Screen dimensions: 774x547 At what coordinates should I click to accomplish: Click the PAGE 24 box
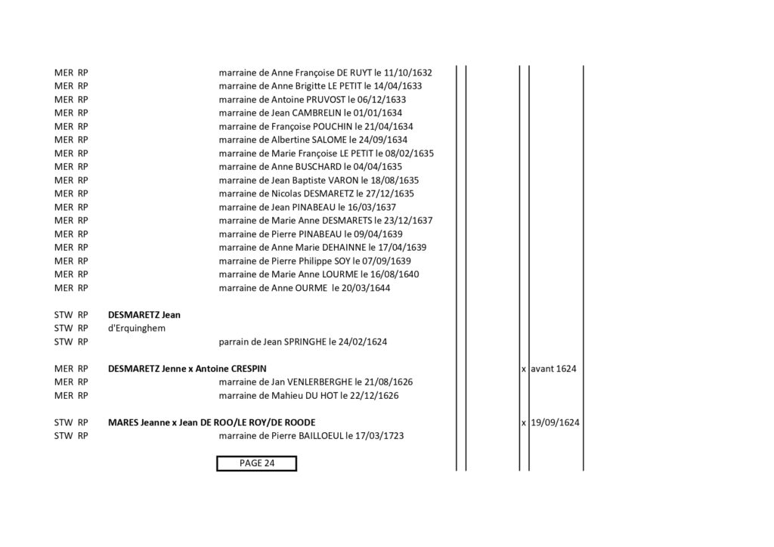(x=256, y=463)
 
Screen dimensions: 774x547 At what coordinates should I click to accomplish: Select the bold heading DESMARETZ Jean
(x=144, y=315)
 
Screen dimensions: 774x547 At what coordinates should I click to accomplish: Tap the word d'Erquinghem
(x=137, y=329)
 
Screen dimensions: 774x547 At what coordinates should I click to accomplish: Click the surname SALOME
(x=330, y=140)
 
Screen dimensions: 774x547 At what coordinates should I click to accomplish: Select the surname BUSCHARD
(x=318, y=167)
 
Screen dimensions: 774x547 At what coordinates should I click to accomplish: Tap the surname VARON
(x=343, y=180)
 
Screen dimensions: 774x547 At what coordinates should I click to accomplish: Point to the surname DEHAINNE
(x=344, y=247)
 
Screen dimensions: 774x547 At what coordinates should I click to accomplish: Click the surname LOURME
(x=339, y=274)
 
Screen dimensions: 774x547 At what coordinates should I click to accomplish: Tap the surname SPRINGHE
(x=305, y=341)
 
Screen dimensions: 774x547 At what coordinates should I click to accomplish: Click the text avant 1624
(x=553, y=369)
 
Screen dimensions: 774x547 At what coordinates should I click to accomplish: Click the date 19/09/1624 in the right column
(x=555, y=422)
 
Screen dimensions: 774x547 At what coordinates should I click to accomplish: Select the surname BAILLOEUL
(x=320, y=436)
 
